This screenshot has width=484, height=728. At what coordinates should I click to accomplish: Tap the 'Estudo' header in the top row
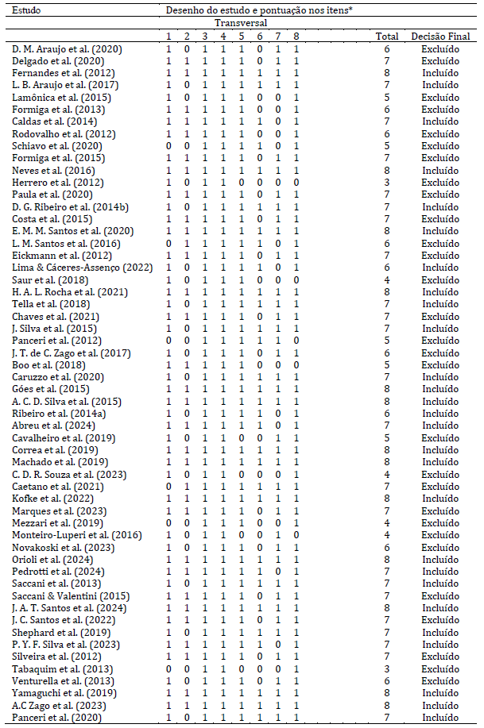(x=27, y=11)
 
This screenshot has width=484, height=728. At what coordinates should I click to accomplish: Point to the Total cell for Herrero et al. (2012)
(x=387, y=182)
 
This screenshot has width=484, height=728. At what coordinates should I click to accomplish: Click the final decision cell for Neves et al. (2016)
(x=439, y=170)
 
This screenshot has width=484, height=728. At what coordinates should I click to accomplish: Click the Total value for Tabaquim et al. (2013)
(x=387, y=668)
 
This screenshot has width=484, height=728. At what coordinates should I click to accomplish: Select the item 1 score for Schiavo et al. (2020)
(x=168, y=146)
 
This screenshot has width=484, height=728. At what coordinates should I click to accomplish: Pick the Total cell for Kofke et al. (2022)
(x=387, y=499)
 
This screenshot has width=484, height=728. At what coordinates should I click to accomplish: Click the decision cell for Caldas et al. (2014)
(x=439, y=121)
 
